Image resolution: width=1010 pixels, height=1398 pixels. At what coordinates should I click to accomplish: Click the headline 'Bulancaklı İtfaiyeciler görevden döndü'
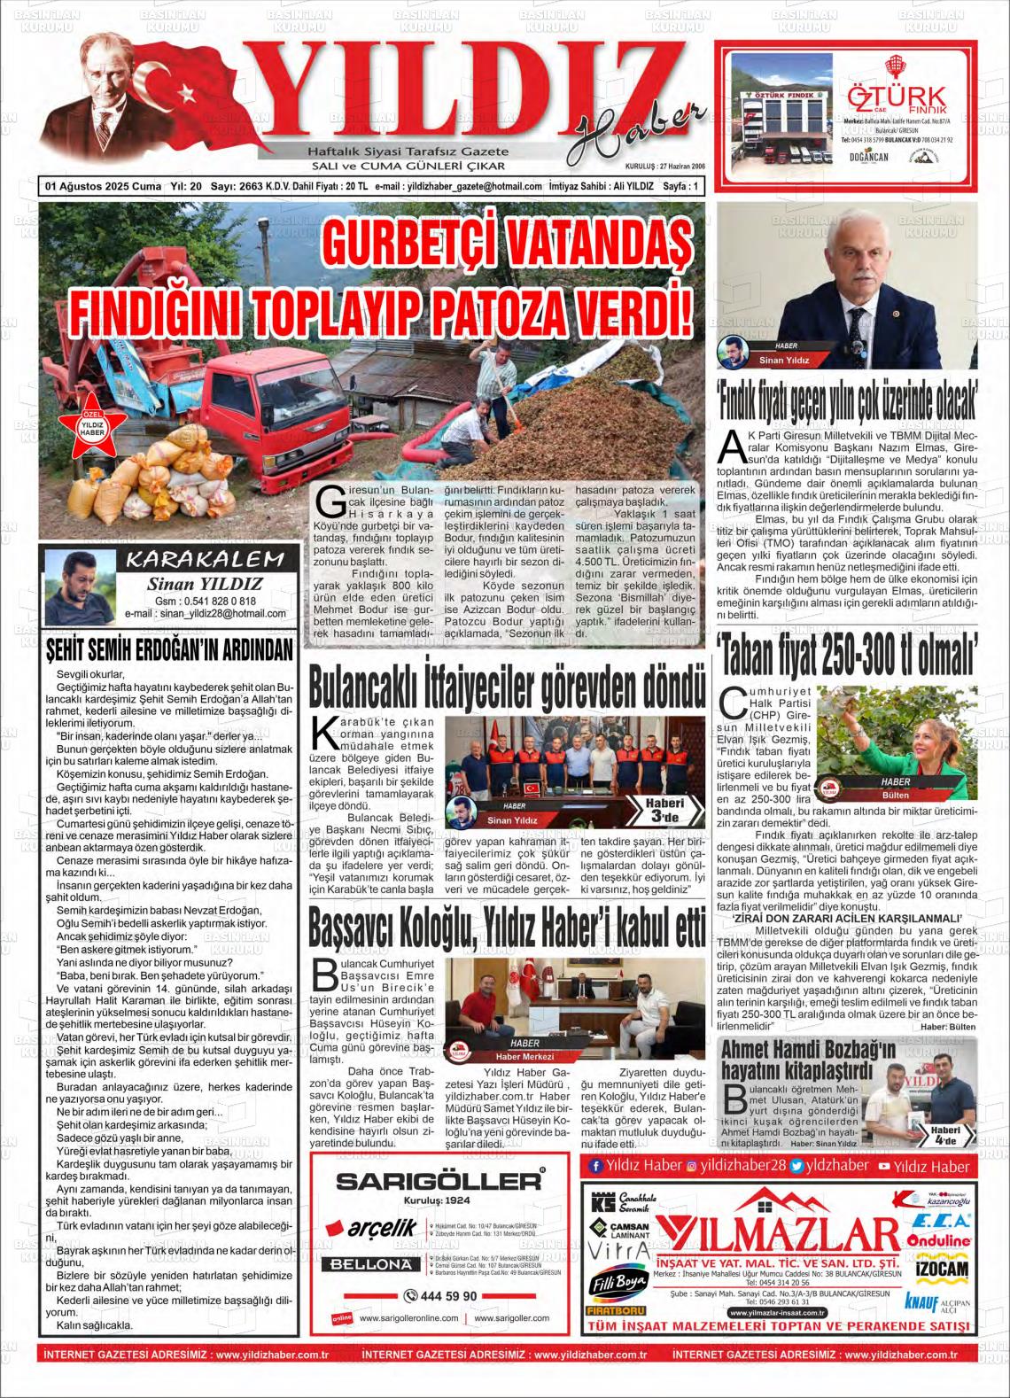(x=506, y=689)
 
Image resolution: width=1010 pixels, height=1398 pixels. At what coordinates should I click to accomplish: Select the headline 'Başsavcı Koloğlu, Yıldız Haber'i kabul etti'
(x=506, y=928)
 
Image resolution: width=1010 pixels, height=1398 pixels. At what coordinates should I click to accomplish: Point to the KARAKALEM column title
(x=206, y=559)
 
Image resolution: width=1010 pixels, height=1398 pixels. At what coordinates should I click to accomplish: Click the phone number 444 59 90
(x=441, y=1295)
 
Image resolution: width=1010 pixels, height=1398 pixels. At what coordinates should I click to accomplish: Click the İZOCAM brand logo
(x=940, y=1268)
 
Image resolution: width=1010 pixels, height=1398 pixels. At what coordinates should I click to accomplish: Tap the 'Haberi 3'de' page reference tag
(x=664, y=809)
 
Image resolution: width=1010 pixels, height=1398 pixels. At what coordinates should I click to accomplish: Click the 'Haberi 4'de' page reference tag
(x=944, y=1135)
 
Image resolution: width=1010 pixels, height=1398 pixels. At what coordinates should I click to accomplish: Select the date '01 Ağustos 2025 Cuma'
(x=104, y=187)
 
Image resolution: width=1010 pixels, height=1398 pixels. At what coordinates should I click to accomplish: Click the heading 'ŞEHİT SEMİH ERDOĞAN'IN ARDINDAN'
(x=169, y=651)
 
